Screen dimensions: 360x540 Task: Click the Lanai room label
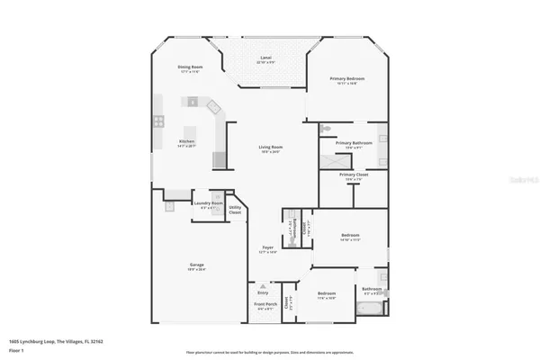click(x=265, y=58)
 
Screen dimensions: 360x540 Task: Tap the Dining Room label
click(x=189, y=67)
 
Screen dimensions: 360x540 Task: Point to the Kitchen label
click(x=186, y=141)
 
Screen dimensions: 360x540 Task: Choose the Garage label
click(x=196, y=265)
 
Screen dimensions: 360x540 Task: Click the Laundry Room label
click(x=208, y=204)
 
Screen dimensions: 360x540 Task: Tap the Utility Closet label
click(x=235, y=211)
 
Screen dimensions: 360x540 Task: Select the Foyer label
click(x=267, y=247)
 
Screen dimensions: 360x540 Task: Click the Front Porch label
click(x=264, y=307)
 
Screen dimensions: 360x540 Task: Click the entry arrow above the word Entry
click(x=263, y=286)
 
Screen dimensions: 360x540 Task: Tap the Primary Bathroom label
click(x=354, y=143)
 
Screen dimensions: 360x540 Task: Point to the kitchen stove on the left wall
click(x=158, y=120)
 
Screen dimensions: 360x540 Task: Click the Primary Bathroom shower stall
click(x=382, y=141)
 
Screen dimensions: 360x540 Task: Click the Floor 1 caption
click(x=15, y=350)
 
